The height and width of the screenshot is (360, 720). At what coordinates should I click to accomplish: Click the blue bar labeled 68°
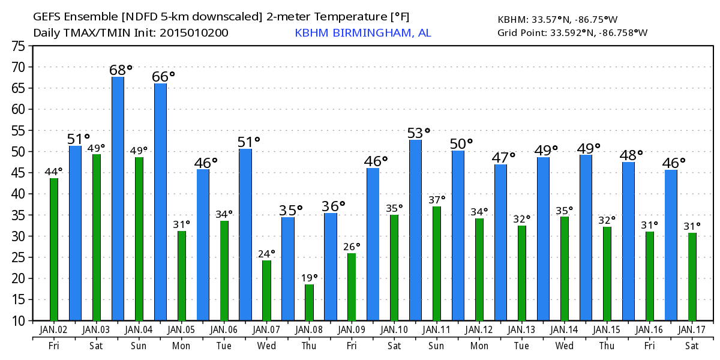118,198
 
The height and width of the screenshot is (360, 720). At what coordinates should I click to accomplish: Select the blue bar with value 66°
160,202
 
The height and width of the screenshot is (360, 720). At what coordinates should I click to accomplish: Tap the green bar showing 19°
309,302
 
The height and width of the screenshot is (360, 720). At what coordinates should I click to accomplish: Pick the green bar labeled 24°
266,290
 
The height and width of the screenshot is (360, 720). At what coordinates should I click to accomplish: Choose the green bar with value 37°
437,263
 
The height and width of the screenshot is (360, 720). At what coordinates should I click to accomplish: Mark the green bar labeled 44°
54,249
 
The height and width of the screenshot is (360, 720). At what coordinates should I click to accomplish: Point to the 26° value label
352,246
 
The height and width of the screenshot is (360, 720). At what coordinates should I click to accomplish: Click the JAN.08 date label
310,329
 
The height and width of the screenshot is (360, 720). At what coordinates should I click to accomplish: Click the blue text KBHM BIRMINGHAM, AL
362,32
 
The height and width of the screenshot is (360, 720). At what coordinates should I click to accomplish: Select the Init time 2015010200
193,32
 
